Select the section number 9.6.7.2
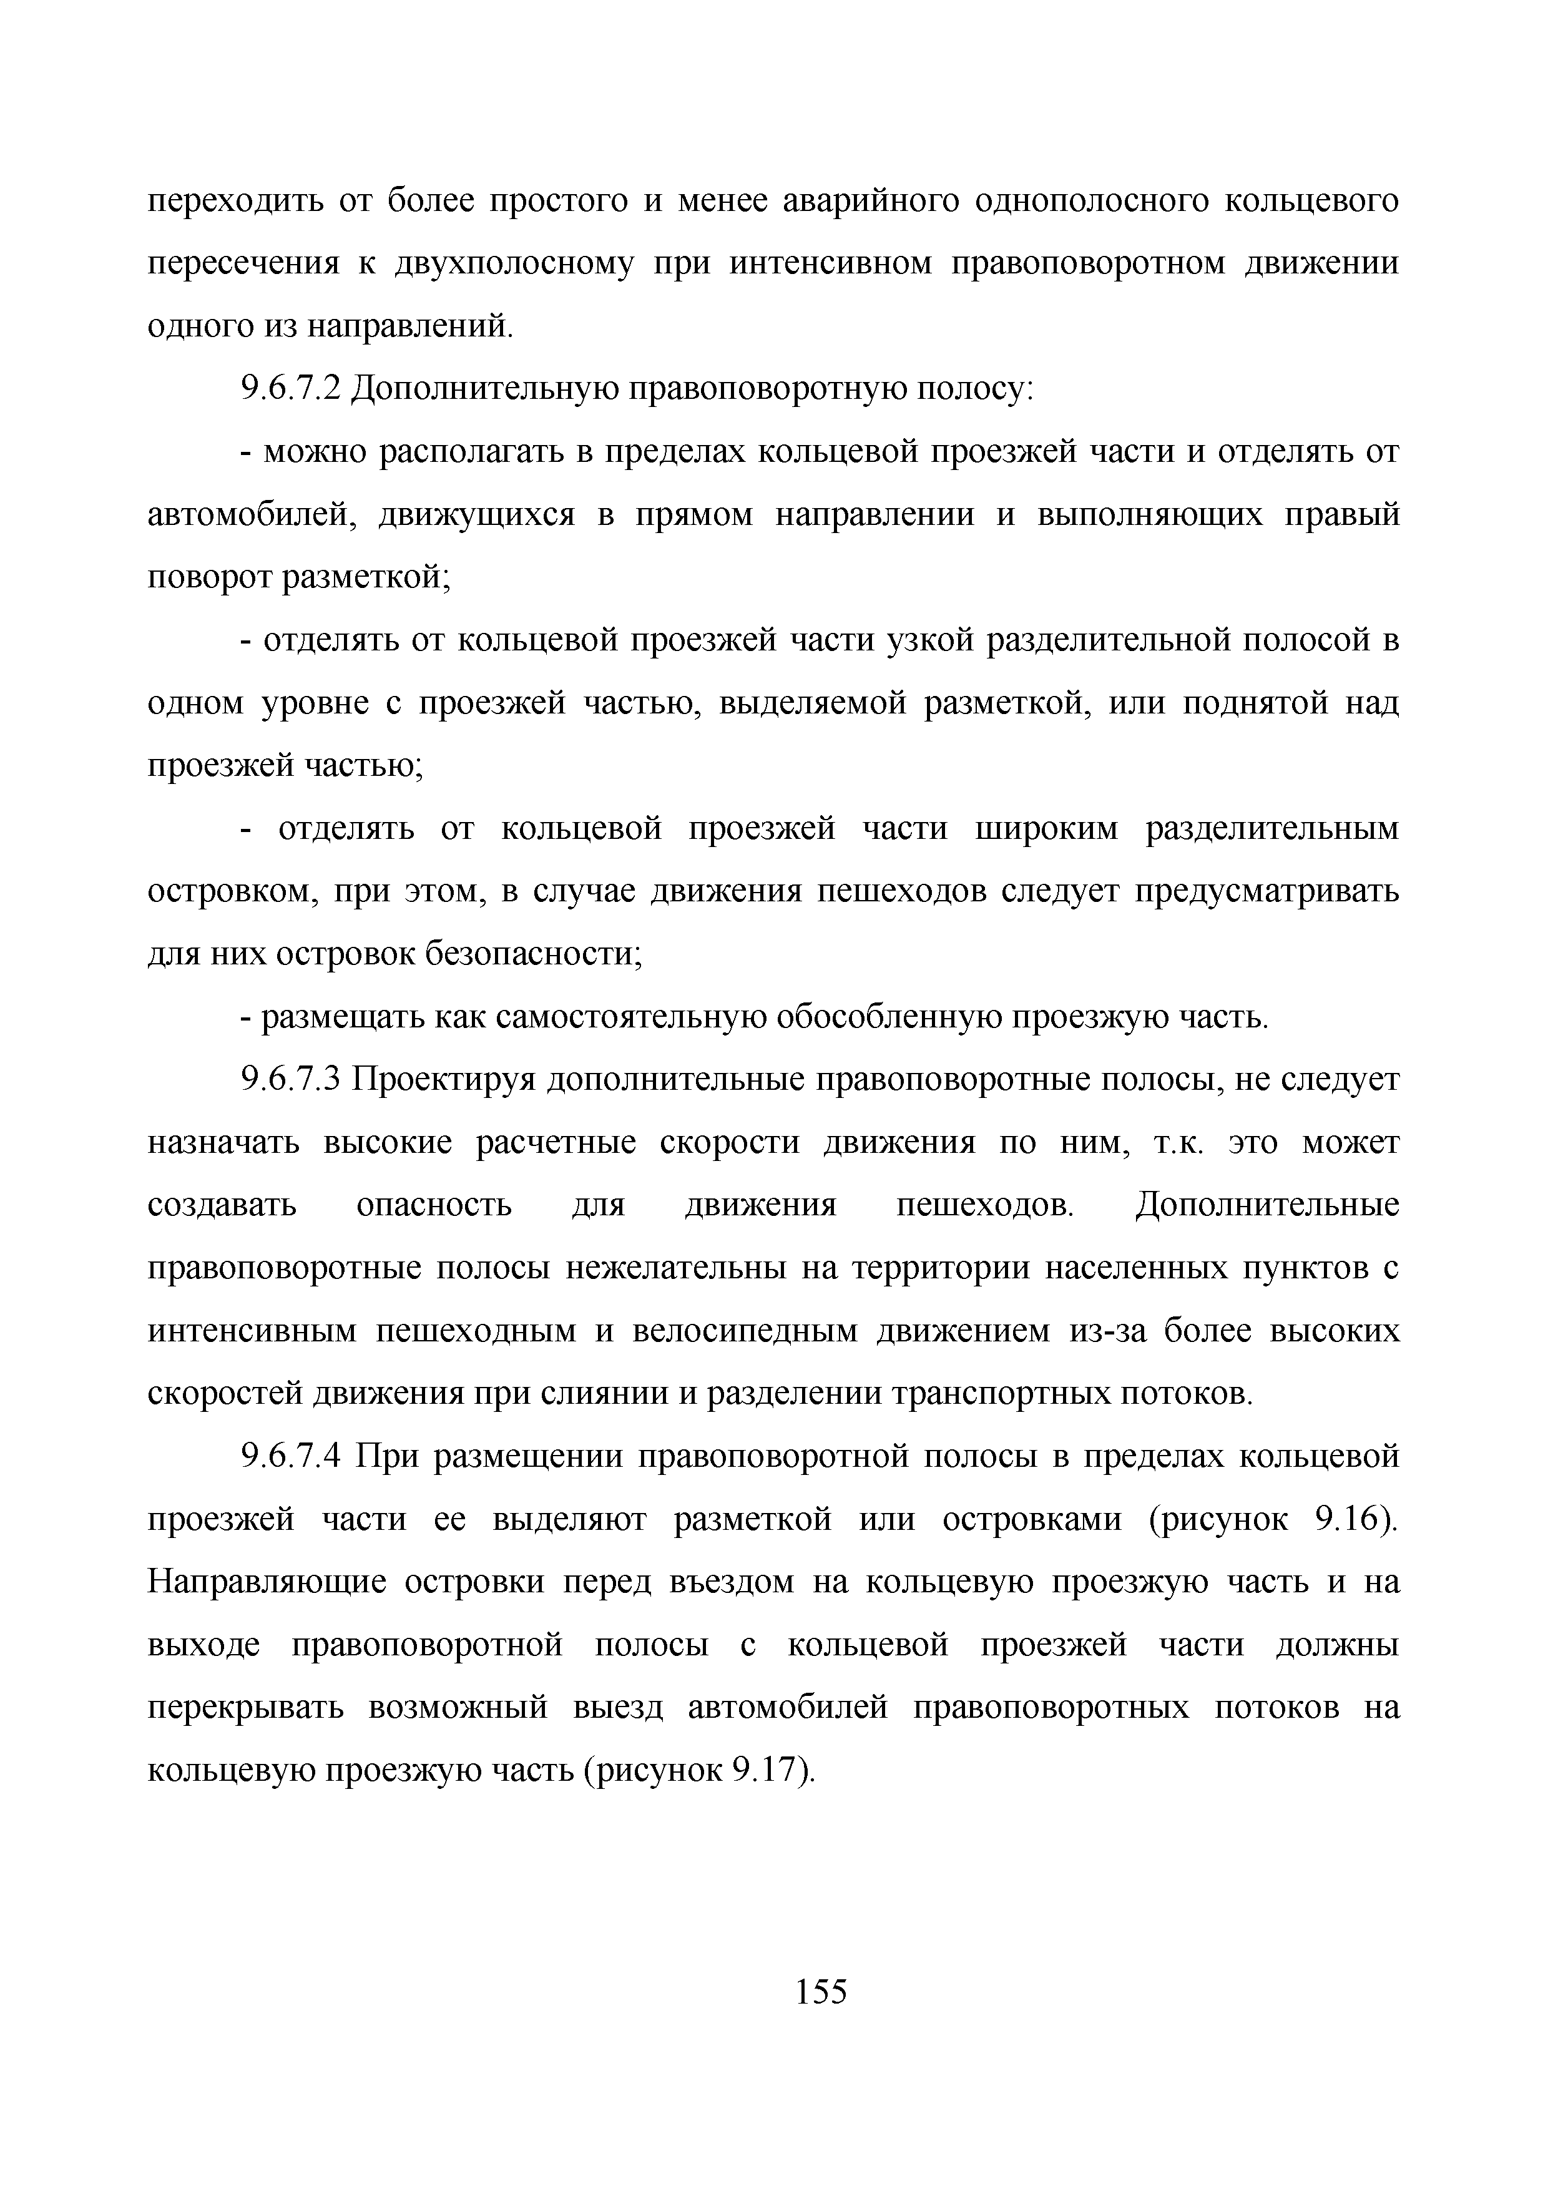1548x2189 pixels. [291, 389]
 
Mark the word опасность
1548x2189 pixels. [434, 1206]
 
